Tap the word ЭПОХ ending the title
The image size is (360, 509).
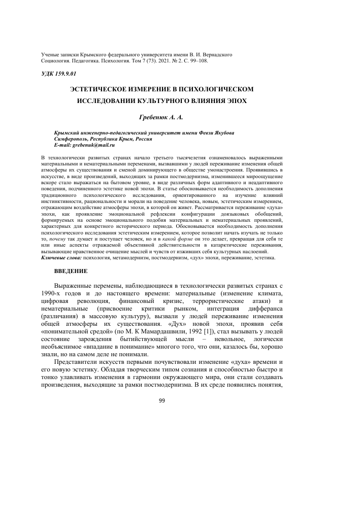pos(237,100)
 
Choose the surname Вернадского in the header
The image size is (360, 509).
pos(214,54)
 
